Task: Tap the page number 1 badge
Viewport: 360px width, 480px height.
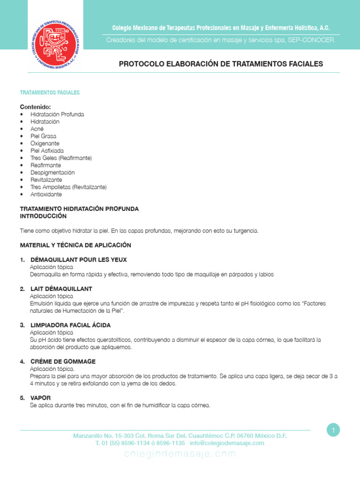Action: [333, 430]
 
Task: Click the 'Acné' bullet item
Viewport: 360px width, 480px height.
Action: [37, 129]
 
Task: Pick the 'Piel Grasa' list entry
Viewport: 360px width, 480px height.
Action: [43, 136]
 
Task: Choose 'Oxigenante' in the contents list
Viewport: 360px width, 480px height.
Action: [45, 143]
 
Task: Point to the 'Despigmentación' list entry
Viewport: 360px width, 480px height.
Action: [52, 172]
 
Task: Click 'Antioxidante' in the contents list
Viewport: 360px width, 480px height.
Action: [46, 194]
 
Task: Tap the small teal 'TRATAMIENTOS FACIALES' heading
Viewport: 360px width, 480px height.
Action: [50, 93]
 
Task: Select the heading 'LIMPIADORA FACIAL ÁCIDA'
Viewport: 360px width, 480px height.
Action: [70, 325]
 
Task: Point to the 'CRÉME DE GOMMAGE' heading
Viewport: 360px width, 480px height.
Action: [63, 361]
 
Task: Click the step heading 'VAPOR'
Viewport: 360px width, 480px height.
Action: [40, 398]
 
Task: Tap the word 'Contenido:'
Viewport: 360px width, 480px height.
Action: [35, 107]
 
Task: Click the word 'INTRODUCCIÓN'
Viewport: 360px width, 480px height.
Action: [43, 216]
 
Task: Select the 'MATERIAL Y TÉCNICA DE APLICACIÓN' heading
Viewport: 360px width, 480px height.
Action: [75, 245]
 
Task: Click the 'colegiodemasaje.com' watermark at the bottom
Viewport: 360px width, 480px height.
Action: [180, 454]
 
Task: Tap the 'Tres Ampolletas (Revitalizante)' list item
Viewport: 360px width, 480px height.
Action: [68, 187]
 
